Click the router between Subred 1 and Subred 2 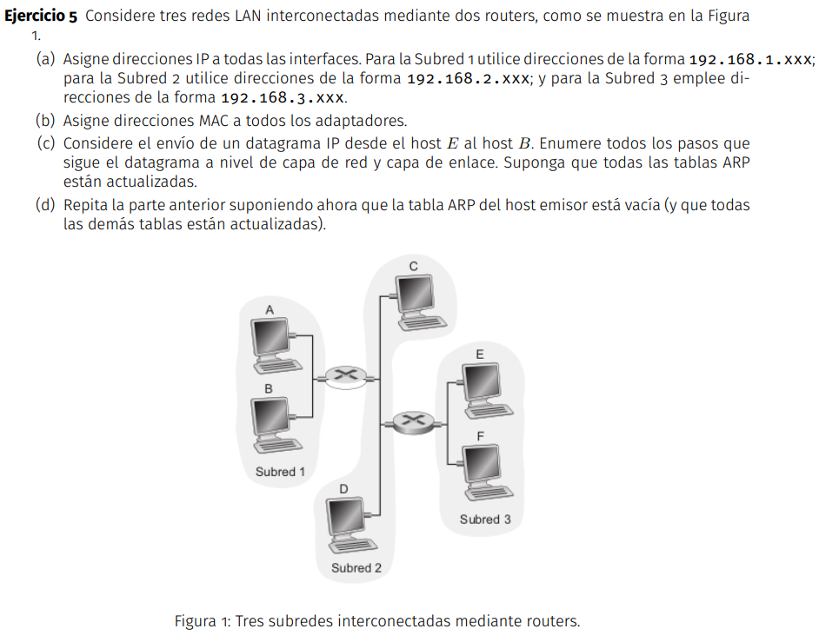coord(346,376)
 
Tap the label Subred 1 coord(280,473)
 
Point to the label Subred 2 coord(356,568)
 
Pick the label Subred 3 coord(485,520)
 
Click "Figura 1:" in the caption coord(203,621)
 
